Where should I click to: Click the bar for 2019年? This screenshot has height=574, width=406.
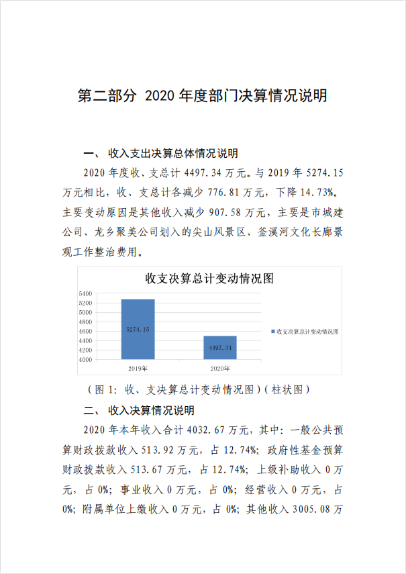click(x=138, y=329)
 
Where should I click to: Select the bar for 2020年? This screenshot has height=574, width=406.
click(x=220, y=348)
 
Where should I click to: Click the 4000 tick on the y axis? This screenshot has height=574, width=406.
click(x=85, y=359)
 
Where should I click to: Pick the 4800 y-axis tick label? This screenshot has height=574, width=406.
click(x=85, y=322)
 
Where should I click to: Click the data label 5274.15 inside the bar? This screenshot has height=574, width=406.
click(x=138, y=329)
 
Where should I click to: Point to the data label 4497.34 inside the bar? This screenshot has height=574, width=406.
click(x=220, y=348)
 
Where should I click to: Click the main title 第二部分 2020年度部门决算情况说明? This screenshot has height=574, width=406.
click(x=203, y=96)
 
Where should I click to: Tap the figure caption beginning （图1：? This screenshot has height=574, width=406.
click(x=199, y=389)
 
